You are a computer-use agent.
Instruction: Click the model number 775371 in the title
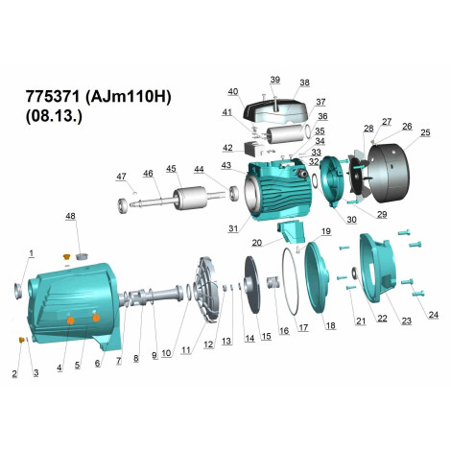(52, 96)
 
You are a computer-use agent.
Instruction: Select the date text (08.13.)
(54, 116)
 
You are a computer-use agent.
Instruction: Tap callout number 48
(70, 216)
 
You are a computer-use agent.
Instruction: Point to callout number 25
(425, 132)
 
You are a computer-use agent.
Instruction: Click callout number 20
(257, 243)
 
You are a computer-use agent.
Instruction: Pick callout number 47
(121, 177)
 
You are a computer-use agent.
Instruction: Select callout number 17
(303, 327)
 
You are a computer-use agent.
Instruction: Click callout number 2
(14, 373)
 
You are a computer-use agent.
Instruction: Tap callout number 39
(275, 80)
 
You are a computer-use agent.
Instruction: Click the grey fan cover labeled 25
(390, 173)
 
